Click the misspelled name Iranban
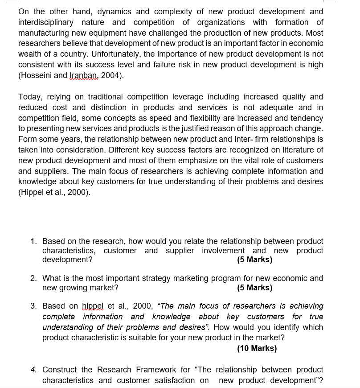tap(84, 75)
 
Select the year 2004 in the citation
tap(110, 75)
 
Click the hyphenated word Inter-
tap(245, 139)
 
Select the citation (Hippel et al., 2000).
tap(54, 192)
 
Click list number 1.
tap(34, 241)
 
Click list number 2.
tap(34, 278)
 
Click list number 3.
tap(34, 306)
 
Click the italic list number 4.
tap(34, 370)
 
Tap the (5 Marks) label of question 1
tap(254, 260)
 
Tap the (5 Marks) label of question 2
tap(254, 288)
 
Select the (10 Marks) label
tap(257, 348)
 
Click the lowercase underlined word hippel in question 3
tap(92, 306)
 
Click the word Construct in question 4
tap(60, 370)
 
